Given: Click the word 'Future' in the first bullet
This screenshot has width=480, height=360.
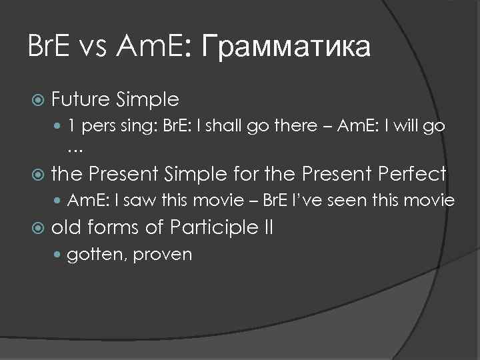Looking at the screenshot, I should click(82, 100).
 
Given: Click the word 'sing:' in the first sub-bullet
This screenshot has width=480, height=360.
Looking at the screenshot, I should click(137, 126).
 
